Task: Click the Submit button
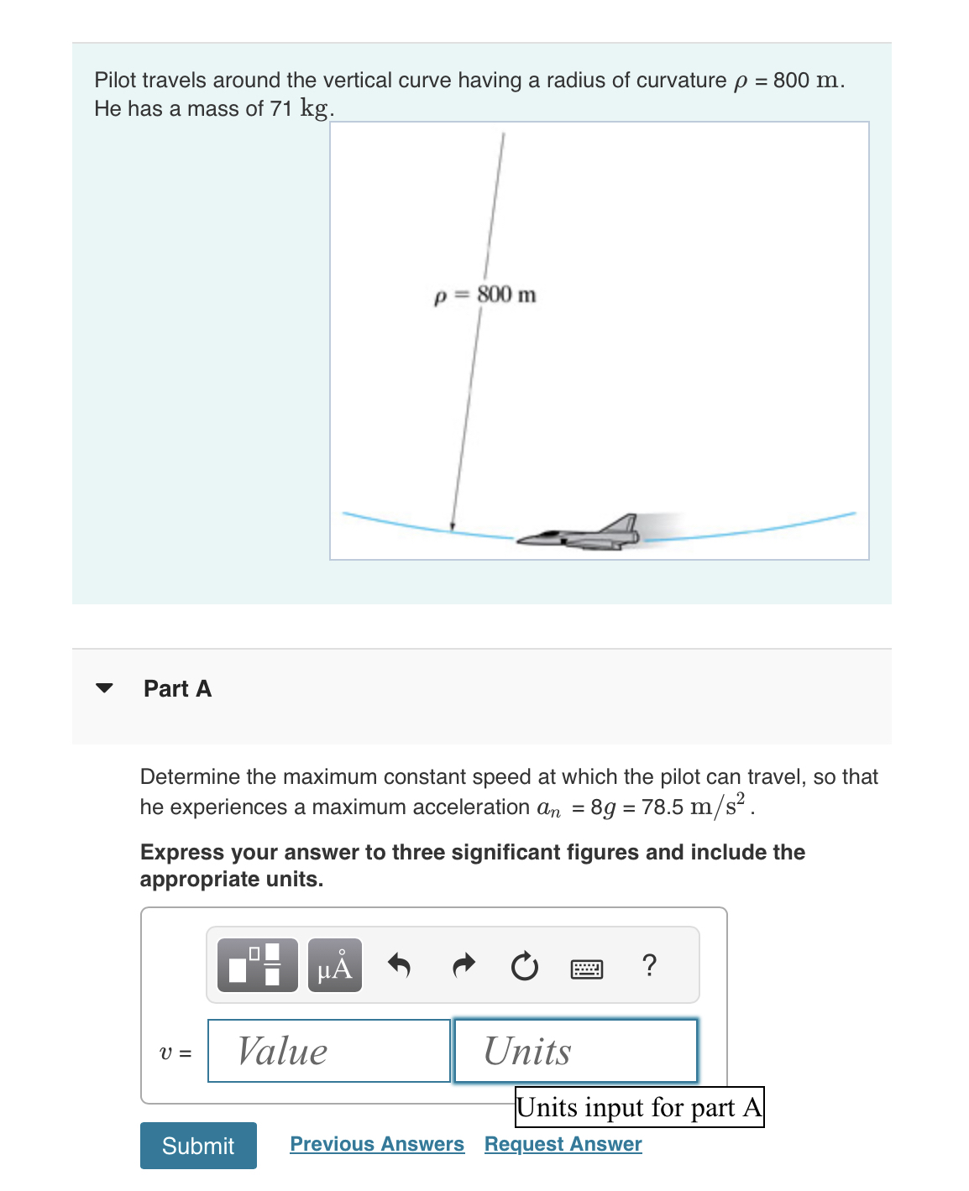(x=198, y=1145)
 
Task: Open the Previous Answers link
(x=377, y=1144)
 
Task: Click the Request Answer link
(x=563, y=1144)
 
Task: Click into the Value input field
(x=328, y=1051)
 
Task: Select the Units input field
(x=575, y=1051)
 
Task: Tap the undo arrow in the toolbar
(x=399, y=966)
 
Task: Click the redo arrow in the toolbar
(x=463, y=966)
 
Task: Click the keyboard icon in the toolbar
(x=586, y=969)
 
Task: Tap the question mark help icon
(x=648, y=966)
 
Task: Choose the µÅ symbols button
(x=335, y=966)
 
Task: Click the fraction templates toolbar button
(x=257, y=966)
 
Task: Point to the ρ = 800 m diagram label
(x=485, y=295)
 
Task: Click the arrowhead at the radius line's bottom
(x=453, y=527)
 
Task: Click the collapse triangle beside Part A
(x=104, y=688)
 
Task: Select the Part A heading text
(x=177, y=688)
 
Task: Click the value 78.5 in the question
(x=662, y=807)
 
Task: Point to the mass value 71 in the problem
(x=280, y=109)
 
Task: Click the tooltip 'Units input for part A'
(x=639, y=1107)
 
